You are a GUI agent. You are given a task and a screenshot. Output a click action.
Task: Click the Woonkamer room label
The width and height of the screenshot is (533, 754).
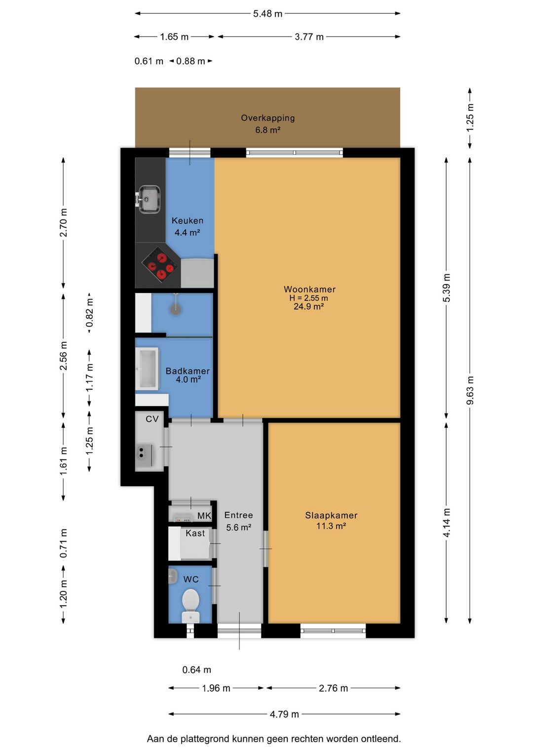click(309, 289)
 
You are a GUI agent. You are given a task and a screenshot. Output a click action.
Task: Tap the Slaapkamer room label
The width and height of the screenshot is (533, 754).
click(331, 515)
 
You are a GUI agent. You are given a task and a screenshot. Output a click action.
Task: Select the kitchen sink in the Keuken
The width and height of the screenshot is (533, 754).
click(148, 199)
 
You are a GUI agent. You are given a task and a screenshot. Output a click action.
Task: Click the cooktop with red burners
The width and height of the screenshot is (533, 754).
click(159, 264)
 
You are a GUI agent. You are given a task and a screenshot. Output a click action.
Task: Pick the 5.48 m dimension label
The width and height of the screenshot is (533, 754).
click(267, 14)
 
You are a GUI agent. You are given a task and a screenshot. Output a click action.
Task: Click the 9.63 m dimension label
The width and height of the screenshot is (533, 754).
click(470, 390)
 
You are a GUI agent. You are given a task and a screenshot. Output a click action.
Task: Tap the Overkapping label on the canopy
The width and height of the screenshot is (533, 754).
click(267, 118)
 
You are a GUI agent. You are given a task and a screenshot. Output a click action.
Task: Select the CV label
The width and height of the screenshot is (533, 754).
click(152, 419)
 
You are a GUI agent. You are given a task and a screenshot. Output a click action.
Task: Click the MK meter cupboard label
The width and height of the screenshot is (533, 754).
click(204, 516)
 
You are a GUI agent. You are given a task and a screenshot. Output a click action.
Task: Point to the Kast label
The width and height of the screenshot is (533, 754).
click(195, 533)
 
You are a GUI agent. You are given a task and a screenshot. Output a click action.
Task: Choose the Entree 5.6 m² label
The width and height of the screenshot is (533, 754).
click(238, 521)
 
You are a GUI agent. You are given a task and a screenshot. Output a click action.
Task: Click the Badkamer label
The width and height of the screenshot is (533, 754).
click(188, 371)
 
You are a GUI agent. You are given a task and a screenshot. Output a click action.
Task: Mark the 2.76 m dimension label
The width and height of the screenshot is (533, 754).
click(333, 688)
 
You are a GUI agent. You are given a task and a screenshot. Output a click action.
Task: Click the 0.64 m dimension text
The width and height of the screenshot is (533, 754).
click(196, 670)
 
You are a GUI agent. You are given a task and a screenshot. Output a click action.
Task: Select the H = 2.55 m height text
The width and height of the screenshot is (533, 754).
click(308, 298)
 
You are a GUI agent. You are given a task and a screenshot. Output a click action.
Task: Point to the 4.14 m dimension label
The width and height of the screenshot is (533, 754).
click(447, 523)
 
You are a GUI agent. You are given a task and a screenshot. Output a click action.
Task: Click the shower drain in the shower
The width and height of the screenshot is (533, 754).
click(175, 309)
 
